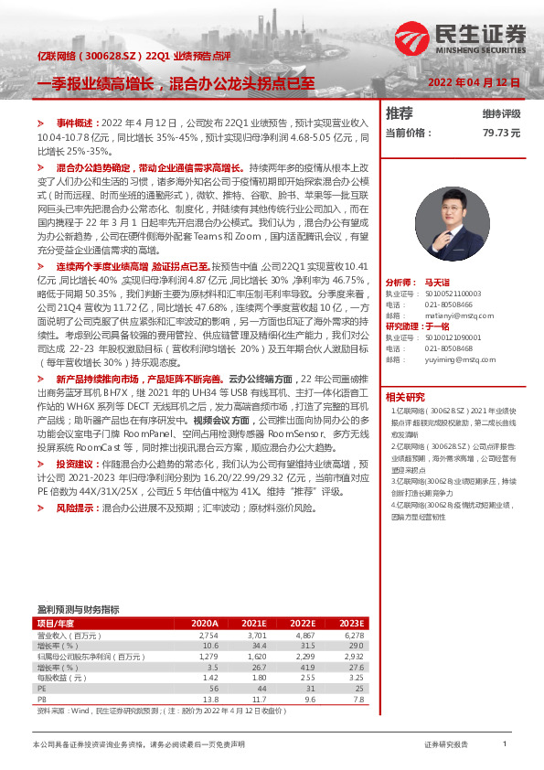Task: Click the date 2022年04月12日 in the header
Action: click(474, 82)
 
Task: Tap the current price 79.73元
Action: click(501, 133)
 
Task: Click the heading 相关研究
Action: click(404, 397)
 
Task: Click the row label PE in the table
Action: click(41, 689)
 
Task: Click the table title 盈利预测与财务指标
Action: click(78, 609)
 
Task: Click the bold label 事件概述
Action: click(77, 122)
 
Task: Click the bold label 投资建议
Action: click(78, 464)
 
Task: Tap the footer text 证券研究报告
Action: click(446, 745)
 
